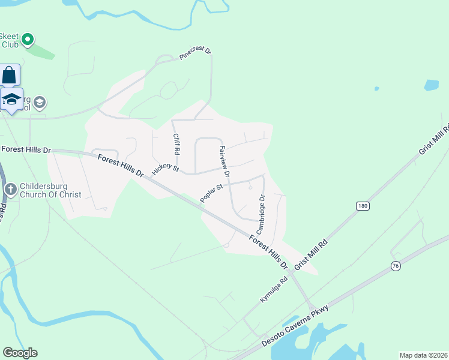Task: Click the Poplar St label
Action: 211,193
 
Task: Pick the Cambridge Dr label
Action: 261,214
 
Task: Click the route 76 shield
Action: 395,265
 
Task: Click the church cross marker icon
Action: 10,190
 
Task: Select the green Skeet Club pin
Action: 27,40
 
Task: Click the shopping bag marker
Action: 9,75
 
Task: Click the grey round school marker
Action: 40,103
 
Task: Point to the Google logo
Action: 20,353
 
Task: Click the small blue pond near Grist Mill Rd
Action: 431,85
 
